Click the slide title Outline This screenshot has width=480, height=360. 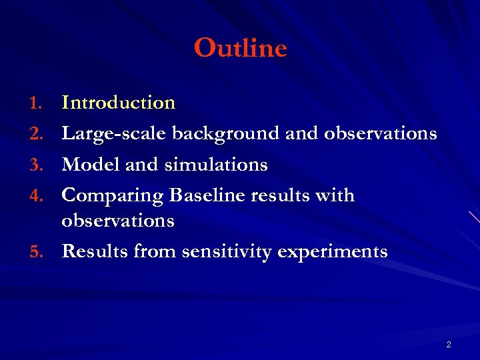coord(240,48)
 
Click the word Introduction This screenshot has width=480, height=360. coord(118,103)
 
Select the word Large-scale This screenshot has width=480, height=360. coord(114,134)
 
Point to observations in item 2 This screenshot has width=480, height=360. coord(380,134)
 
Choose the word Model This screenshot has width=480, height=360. coord(90,165)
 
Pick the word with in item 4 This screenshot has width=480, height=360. coord(337,196)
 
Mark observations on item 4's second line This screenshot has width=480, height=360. coord(118,221)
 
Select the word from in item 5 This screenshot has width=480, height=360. coord(155,251)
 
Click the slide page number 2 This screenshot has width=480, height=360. coord(449,345)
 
